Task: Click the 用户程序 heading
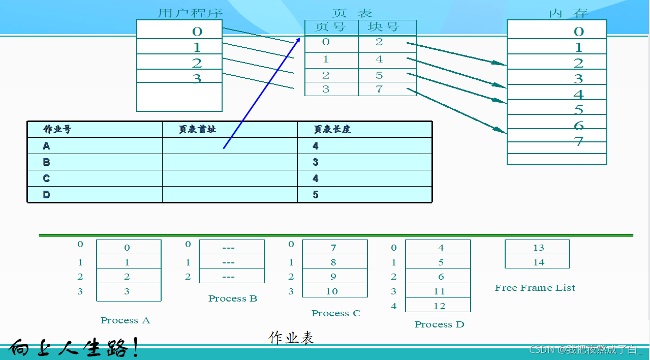click(x=190, y=13)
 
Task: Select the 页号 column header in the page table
click(x=331, y=27)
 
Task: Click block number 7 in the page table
click(x=379, y=89)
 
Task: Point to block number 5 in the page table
click(x=379, y=75)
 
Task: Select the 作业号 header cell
click(x=57, y=129)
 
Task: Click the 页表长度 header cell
click(x=332, y=129)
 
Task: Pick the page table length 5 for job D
click(x=316, y=194)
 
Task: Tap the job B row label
click(x=46, y=162)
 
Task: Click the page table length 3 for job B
click(x=316, y=162)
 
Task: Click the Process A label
click(x=125, y=320)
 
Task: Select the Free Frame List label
click(x=535, y=288)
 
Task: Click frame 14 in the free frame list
click(x=539, y=262)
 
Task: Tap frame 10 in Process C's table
click(x=332, y=291)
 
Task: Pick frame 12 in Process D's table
click(x=440, y=306)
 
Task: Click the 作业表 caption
click(x=292, y=338)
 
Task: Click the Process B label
click(x=233, y=298)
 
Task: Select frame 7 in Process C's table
click(x=333, y=248)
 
